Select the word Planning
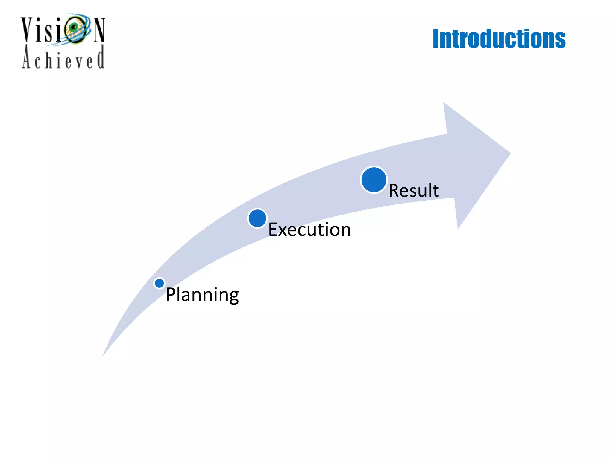coord(202,295)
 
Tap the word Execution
coord(309,229)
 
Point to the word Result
coord(414,190)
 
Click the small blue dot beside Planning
coord(159,283)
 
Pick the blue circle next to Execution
coord(257,218)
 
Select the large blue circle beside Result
coord(374,180)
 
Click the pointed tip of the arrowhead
coord(509,153)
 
